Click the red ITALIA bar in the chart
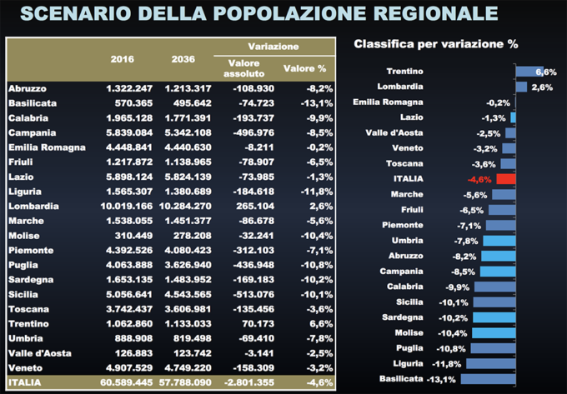506,178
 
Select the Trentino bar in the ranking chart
529,72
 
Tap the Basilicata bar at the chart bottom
489,379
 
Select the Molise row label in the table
23,235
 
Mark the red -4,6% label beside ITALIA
479,178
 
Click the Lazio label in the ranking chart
411,117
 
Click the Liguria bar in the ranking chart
491,363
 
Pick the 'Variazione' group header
273,47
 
